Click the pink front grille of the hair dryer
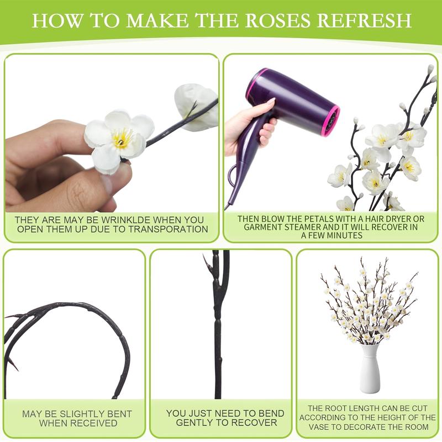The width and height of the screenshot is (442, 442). pyautogui.click(x=330, y=119)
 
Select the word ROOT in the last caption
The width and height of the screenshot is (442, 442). pyautogui.click(x=338, y=408)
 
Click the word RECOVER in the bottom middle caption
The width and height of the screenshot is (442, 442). pyautogui.click(x=255, y=423)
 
